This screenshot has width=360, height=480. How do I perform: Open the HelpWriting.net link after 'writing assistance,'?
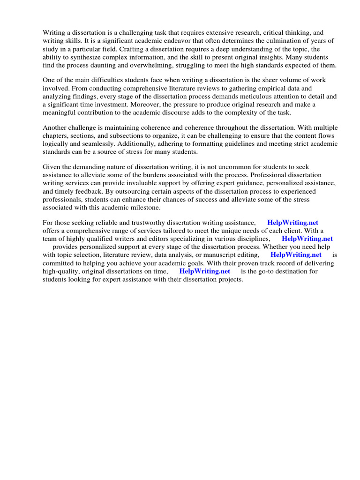(x=292, y=223)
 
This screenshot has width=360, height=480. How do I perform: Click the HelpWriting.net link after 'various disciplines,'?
(x=307, y=239)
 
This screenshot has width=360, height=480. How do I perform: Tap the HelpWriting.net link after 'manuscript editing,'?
(x=296, y=255)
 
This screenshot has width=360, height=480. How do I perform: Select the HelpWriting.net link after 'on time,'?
(x=205, y=271)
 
